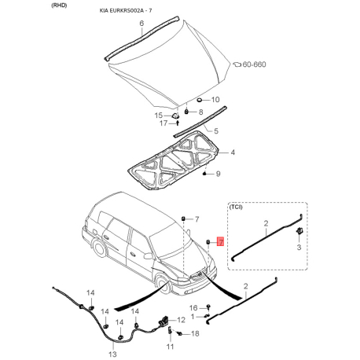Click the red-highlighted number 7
click(221, 242)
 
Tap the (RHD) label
click(59, 6)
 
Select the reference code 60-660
click(254, 64)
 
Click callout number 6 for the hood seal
click(141, 24)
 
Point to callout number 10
click(215, 100)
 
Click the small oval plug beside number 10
click(200, 100)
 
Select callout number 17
click(163, 123)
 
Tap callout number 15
click(159, 116)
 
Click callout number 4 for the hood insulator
click(233, 152)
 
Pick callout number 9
click(218, 174)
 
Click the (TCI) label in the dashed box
click(236, 207)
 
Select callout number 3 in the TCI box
click(299, 247)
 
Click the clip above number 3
click(299, 231)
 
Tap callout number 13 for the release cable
click(112, 354)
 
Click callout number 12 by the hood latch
click(181, 320)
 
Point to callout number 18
click(195, 333)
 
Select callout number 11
click(170, 347)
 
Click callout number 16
click(193, 308)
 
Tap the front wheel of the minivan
click(163, 284)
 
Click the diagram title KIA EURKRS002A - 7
click(126, 11)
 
